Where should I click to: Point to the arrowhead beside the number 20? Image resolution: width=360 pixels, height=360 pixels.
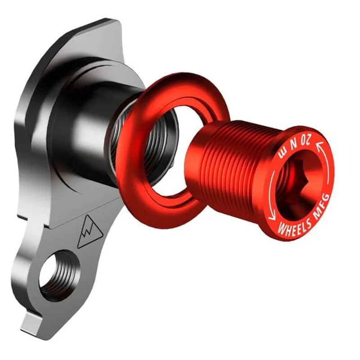[x=321, y=145]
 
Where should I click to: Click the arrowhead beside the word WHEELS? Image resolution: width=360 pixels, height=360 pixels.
[x=272, y=216]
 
